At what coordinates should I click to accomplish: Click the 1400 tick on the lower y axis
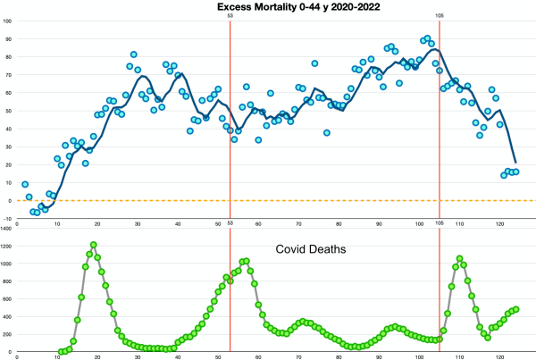[x=7, y=230]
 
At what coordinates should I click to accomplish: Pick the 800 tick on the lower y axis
[x=7, y=282]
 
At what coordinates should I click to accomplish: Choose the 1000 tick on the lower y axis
[x=7, y=264]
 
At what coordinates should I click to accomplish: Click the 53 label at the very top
[x=230, y=16]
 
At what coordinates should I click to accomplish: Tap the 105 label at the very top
[x=440, y=16]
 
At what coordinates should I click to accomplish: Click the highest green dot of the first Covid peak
[x=93, y=245]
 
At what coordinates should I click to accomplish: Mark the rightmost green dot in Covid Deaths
[x=516, y=309]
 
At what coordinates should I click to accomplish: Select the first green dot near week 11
[x=61, y=351]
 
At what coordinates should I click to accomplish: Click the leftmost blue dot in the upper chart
[x=25, y=184]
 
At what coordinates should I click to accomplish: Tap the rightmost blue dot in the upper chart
[x=516, y=172]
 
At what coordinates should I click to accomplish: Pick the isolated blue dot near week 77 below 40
[x=327, y=132]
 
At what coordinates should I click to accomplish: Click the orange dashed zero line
[x=268, y=200]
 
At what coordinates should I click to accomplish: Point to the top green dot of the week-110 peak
[x=459, y=259]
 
